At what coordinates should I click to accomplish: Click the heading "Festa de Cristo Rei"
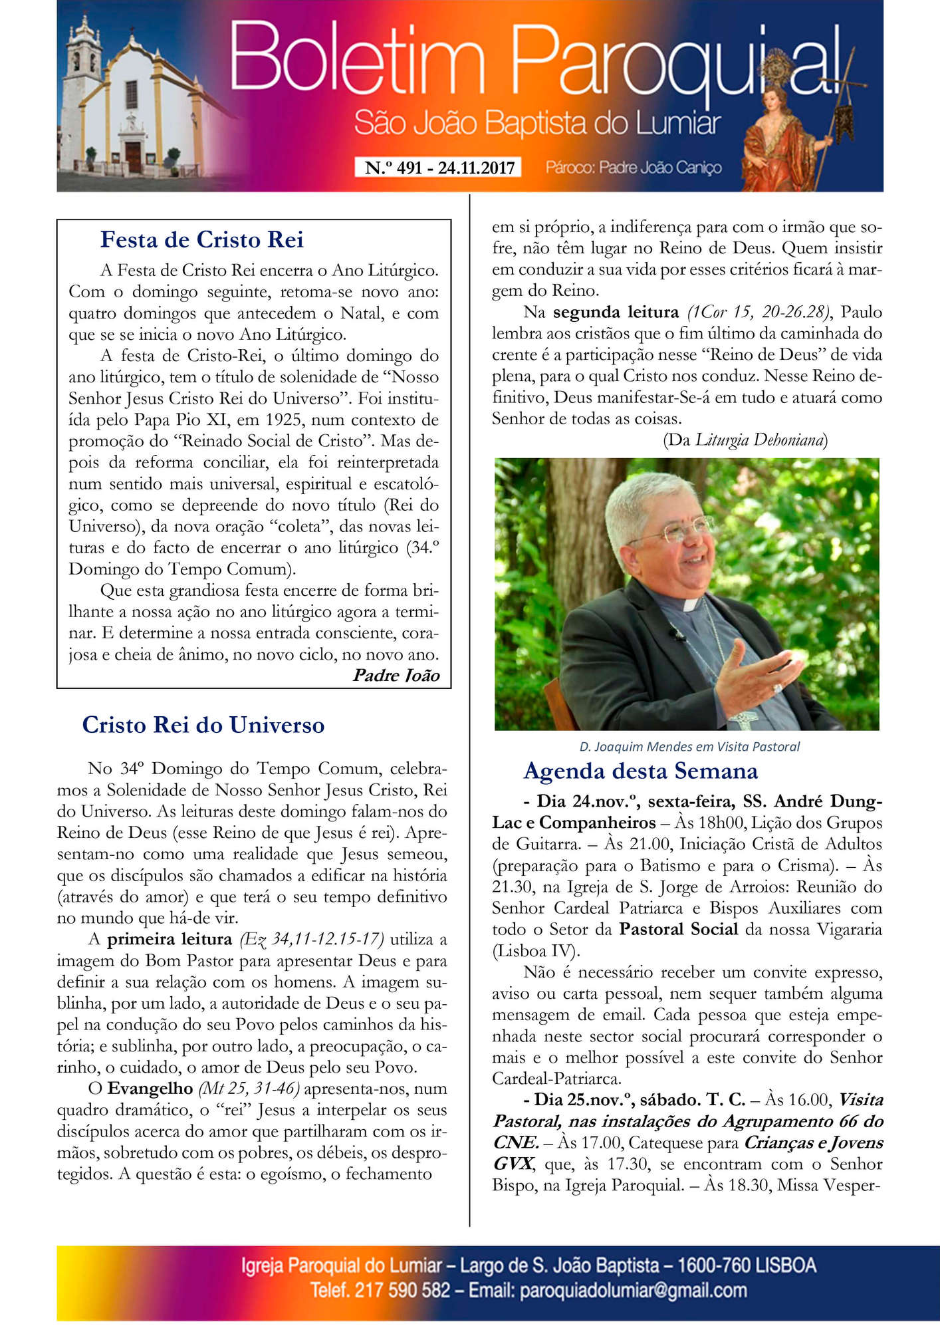[201, 239]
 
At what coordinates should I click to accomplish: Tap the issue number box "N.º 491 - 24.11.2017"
[439, 168]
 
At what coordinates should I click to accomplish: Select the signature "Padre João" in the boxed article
[396, 676]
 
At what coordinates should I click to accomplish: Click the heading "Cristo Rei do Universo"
[203, 725]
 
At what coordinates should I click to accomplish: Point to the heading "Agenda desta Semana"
[640, 771]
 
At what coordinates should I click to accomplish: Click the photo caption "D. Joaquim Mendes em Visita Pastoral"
[689, 747]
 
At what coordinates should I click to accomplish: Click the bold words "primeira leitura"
[170, 939]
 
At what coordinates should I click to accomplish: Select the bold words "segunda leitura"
[616, 312]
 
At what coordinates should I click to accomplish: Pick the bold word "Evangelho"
[150, 1089]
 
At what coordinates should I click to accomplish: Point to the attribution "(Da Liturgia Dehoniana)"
[745, 440]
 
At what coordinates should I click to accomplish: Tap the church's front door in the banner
[134, 157]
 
